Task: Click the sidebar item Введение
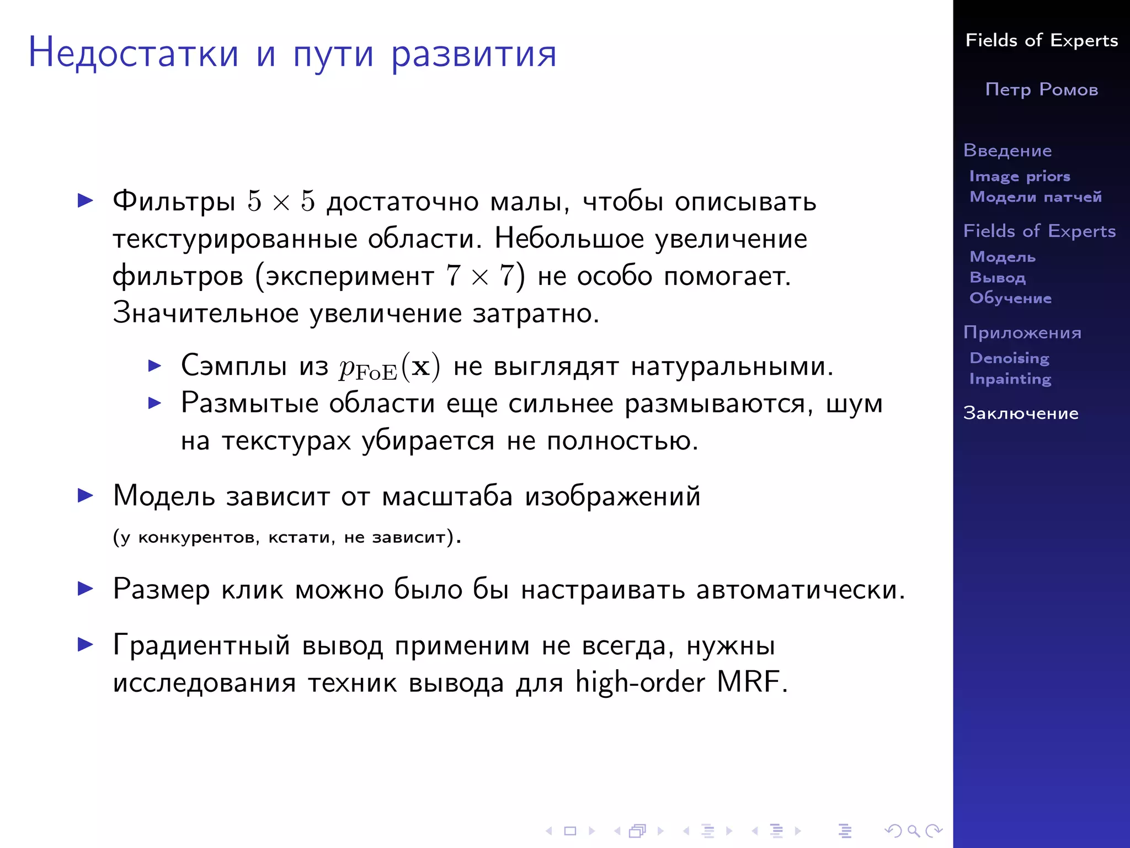coord(1008,150)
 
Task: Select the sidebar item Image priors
coord(1020,176)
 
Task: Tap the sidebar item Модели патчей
coord(1036,197)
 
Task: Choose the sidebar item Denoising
coord(1009,358)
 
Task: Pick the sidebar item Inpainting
coord(1010,379)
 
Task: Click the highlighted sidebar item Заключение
coord(1021,413)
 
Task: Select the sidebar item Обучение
coord(1010,298)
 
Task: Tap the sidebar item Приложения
coord(1022,332)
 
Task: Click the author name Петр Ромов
coord(1041,89)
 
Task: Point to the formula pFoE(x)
coord(390,367)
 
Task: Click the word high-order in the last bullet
coord(639,682)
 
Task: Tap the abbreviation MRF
coord(748,682)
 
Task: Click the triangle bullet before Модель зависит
coord(86,495)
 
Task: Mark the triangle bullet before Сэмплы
coord(155,365)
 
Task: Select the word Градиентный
coord(201,645)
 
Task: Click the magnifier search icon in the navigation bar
coord(913,830)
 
